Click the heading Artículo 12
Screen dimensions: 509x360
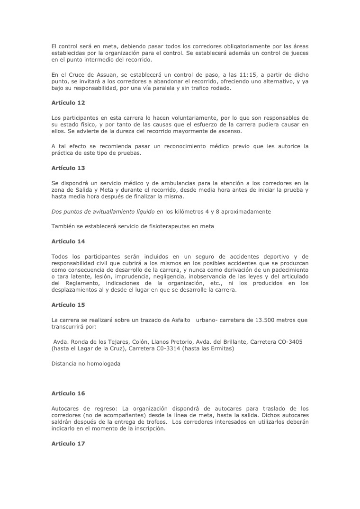pos(68,103)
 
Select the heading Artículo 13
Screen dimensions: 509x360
pos(68,168)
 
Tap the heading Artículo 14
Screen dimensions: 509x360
pos(68,241)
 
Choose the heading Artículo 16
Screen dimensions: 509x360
pos(68,393)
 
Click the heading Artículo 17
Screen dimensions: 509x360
pos(68,443)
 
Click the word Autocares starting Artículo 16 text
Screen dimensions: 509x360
pos(66,408)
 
